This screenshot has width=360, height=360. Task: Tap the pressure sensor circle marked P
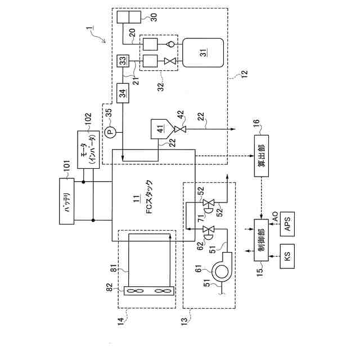pos(110,132)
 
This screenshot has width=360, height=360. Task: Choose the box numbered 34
pos(123,92)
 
